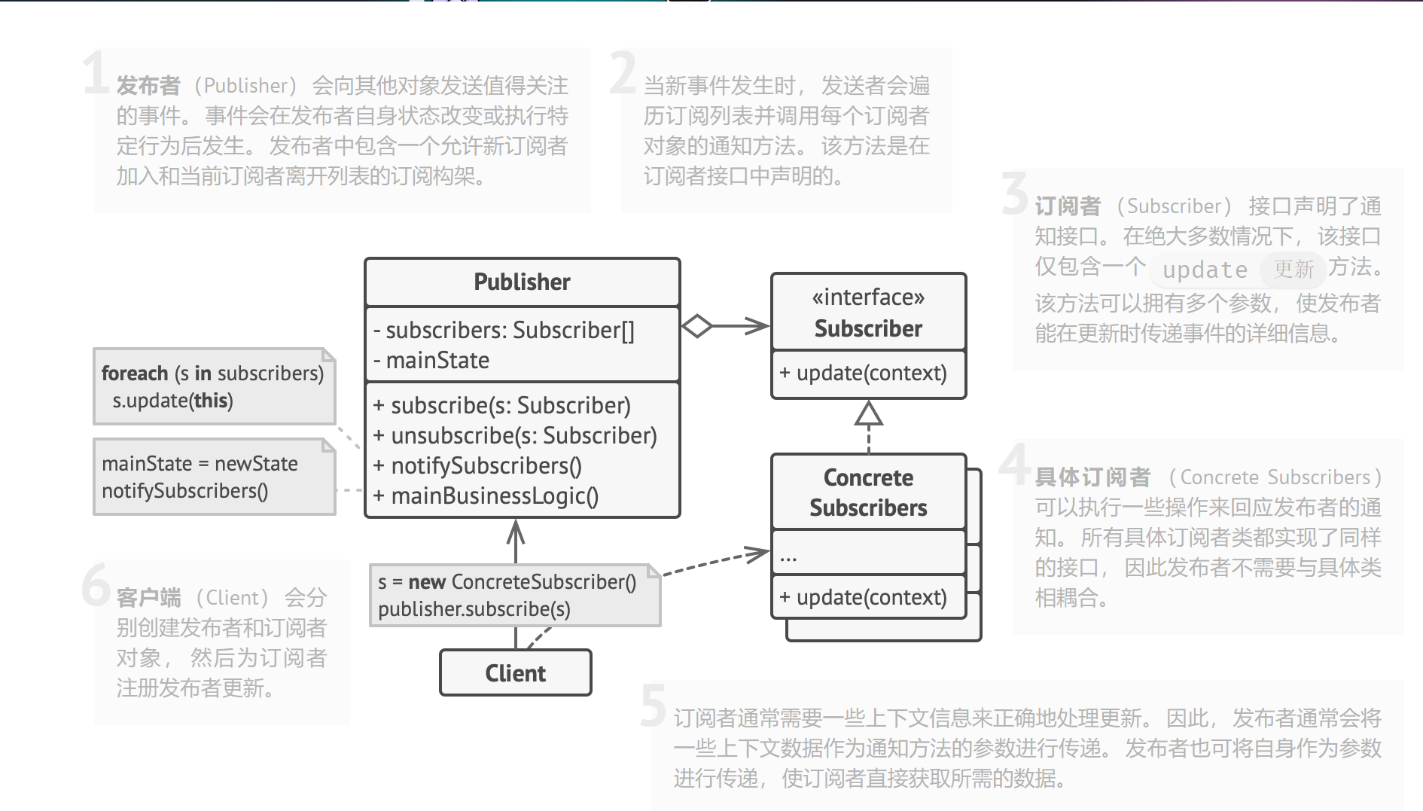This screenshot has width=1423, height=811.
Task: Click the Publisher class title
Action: pos(522,282)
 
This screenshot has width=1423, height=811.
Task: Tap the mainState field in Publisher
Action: pos(437,361)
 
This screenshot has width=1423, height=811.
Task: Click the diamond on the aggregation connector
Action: pos(697,326)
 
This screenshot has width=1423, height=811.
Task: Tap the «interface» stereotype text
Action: pos(868,297)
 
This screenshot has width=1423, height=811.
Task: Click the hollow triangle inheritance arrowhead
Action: pos(869,414)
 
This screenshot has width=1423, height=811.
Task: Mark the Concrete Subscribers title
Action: pos(868,492)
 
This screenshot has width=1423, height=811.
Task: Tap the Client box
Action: pos(515,673)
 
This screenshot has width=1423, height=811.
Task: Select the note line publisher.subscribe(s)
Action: pos(474,609)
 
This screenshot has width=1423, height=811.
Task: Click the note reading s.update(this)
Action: pos(172,401)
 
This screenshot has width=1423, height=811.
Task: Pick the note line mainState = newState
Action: pos(200,464)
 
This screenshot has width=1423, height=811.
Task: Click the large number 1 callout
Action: pos(96,73)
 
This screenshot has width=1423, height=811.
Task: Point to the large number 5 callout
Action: pos(653,706)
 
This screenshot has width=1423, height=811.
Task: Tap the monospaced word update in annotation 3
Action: pos(1205,270)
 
